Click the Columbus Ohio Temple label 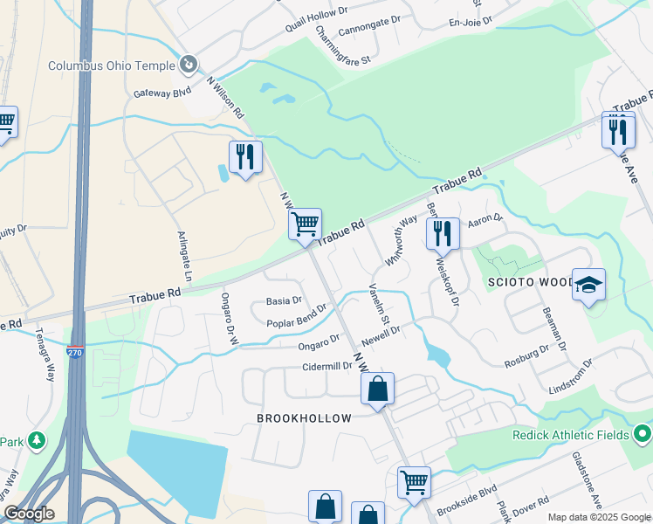[x=110, y=65]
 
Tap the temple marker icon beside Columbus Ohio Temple [x=188, y=64]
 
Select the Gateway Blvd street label [x=162, y=93]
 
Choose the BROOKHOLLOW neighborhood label [x=304, y=418]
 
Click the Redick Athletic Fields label [x=573, y=434]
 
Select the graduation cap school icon [x=589, y=285]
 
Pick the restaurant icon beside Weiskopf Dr [x=443, y=233]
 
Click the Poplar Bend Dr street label [x=297, y=315]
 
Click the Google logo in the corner [x=28, y=514]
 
